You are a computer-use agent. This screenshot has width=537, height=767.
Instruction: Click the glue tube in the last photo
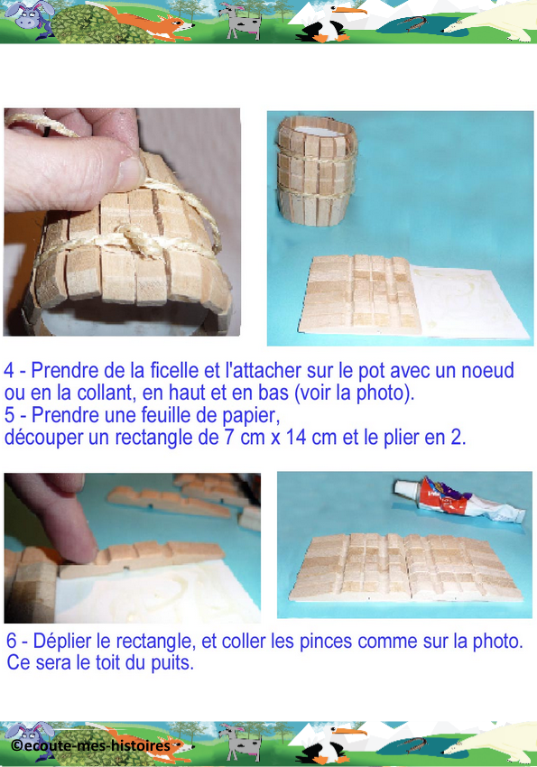(x=459, y=501)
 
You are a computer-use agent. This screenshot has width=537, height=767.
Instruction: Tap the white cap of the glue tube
(x=403, y=489)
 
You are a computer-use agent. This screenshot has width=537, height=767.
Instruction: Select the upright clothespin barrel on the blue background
(x=318, y=171)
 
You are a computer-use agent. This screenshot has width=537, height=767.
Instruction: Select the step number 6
(x=11, y=642)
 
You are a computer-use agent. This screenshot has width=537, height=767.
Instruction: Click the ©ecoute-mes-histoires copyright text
(x=91, y=746)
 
